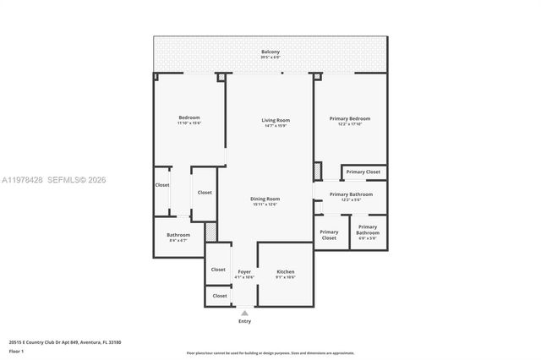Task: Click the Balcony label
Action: click(270, 52)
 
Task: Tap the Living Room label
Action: click(276, 120)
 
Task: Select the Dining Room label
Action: click(265, 199)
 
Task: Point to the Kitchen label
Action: click(285, 271)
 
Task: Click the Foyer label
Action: click(244, 271)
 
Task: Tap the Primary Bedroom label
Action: click(349, 118)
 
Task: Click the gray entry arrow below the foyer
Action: click(244, 312)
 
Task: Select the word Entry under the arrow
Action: click(244, 321)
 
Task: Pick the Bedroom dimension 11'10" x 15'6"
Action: click(189, 123)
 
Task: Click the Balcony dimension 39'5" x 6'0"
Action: click(270, 57)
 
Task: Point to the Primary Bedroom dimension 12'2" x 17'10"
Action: click(349, 124)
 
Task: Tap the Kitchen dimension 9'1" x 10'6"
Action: click(285, 277)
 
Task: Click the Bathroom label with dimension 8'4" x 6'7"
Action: click(178, 235)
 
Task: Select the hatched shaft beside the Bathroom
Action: click(210, 231)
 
